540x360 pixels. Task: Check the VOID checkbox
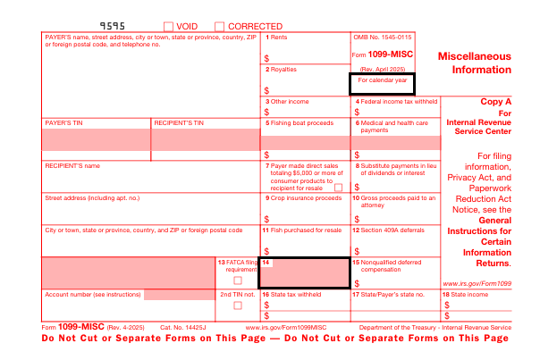(169, 27)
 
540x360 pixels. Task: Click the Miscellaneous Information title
(474, 63)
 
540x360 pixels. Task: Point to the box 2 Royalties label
(283, 69)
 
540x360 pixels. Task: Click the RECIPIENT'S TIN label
(179, 122)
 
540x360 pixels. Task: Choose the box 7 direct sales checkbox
(338, 188)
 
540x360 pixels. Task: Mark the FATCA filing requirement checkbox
(237, 280)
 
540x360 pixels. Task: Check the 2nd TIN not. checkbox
(237, 306)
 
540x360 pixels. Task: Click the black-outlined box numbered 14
(304, 272)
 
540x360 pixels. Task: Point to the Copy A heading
(496, 102)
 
